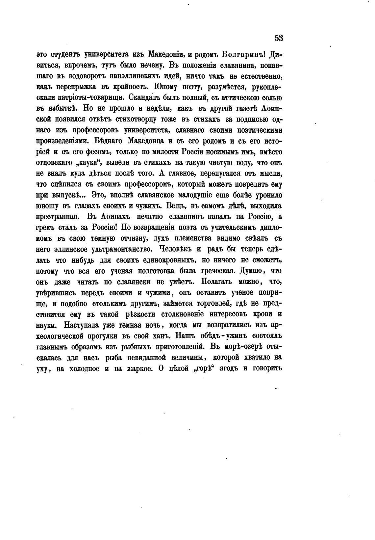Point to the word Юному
pyautogui.click(x=165, y=87)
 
